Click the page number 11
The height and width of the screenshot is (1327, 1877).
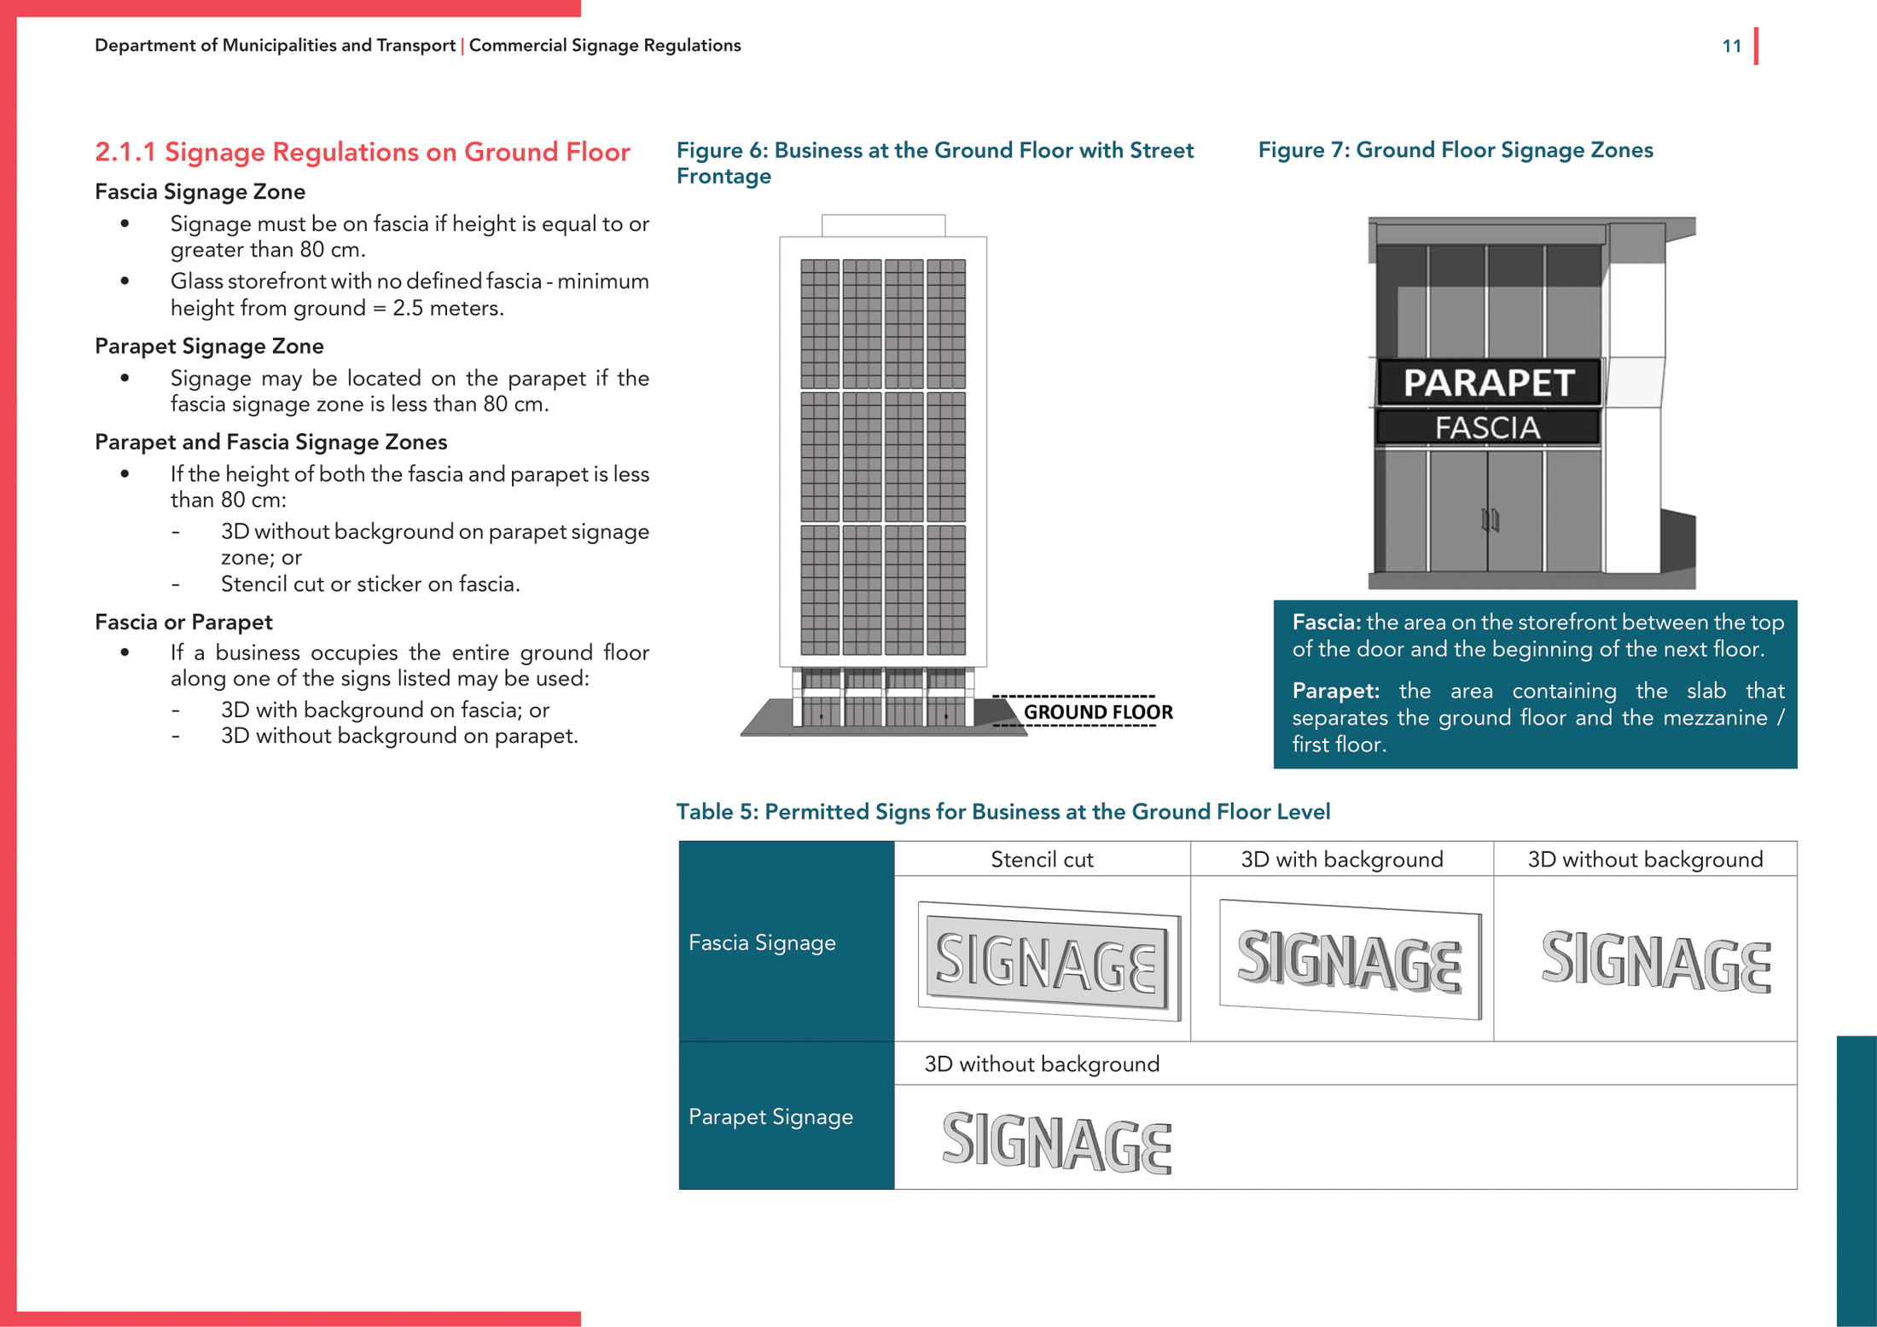coord(1731,46)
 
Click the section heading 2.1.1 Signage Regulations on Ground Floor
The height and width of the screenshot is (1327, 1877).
coord(363,152)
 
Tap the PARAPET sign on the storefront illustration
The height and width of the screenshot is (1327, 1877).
coord(1489,383)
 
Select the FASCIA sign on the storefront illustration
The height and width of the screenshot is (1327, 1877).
coord(1487,427)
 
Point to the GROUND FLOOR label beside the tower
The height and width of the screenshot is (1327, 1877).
coord(1097,712)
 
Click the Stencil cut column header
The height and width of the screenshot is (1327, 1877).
coord(1041,860)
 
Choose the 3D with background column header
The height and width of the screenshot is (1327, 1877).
coord(1341,860)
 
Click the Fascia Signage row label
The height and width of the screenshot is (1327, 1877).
coord(762,942)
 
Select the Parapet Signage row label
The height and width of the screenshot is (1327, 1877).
coord(770,1116)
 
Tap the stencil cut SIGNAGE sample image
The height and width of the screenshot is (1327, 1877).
coord(1049,961)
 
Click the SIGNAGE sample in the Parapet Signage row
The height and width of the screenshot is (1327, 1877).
coord(1056,1142)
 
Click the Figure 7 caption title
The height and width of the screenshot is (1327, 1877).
coord(1455,150)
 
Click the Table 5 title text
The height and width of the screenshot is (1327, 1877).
coord(1002,812)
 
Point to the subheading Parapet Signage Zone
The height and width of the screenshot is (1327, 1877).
coord(209,346)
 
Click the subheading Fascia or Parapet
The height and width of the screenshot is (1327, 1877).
coord(183,622)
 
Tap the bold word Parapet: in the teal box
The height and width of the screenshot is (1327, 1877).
coord(1335,691)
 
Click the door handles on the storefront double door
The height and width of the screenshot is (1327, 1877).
coord(1490,519)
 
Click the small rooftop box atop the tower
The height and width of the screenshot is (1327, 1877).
coord(883,225)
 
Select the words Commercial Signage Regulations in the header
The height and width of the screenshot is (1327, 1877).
coord(605,46)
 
